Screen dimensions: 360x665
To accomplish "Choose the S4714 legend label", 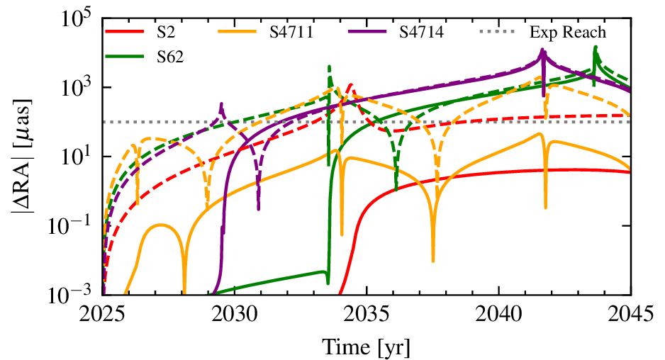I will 419,33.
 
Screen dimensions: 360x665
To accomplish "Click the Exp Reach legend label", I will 568,33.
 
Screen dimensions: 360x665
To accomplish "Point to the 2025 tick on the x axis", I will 103,313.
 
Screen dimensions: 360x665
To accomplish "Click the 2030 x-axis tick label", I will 235,313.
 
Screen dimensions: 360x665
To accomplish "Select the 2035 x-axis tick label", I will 367,313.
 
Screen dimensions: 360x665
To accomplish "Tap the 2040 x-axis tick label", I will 498,313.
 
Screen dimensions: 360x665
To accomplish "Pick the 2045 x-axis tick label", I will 630,313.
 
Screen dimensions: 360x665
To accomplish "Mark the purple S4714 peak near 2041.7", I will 543,50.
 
